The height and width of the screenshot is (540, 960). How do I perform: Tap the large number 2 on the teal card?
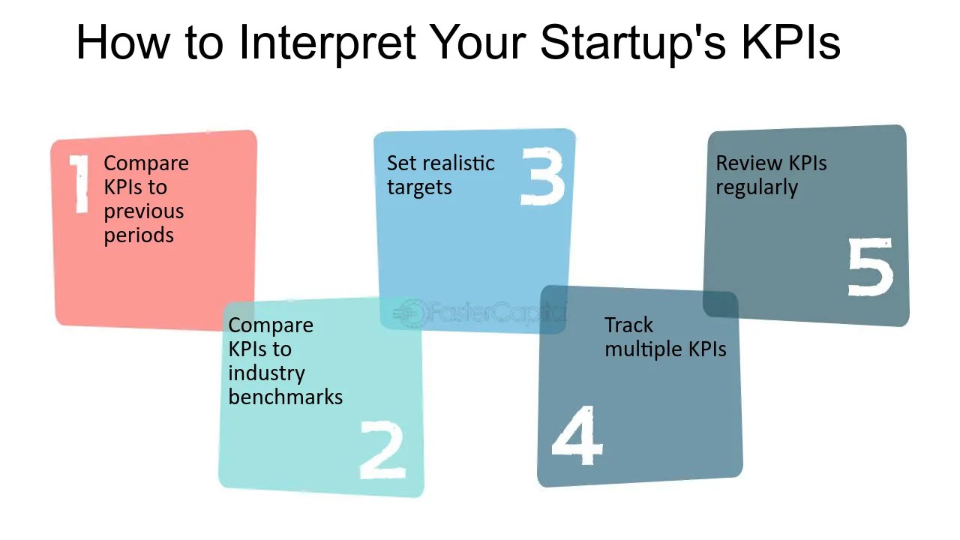click(x=382, y=449)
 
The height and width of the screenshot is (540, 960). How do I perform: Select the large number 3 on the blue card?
click(x=542, y=177)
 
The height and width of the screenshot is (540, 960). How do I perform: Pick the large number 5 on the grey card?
click(x=871, y=267)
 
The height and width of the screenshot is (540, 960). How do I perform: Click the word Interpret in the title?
click(x=327, y=43)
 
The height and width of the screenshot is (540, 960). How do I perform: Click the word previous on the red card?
click(x=143, y=211)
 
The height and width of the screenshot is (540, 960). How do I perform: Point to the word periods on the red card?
click(x=139, y=235)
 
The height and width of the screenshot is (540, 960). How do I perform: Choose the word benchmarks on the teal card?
click(x=285, y=397)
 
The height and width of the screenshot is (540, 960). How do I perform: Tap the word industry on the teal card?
click(x=266, y=373)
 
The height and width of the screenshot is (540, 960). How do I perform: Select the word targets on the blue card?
click(x=418, y=188)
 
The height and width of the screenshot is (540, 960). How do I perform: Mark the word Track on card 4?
click(x=628, y=325)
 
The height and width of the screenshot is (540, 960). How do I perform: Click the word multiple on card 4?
click(x=643, y=349)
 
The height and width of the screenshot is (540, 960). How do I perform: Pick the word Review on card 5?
click(x=742, y=163)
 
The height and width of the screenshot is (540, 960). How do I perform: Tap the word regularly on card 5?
click(x=756, y=188)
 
